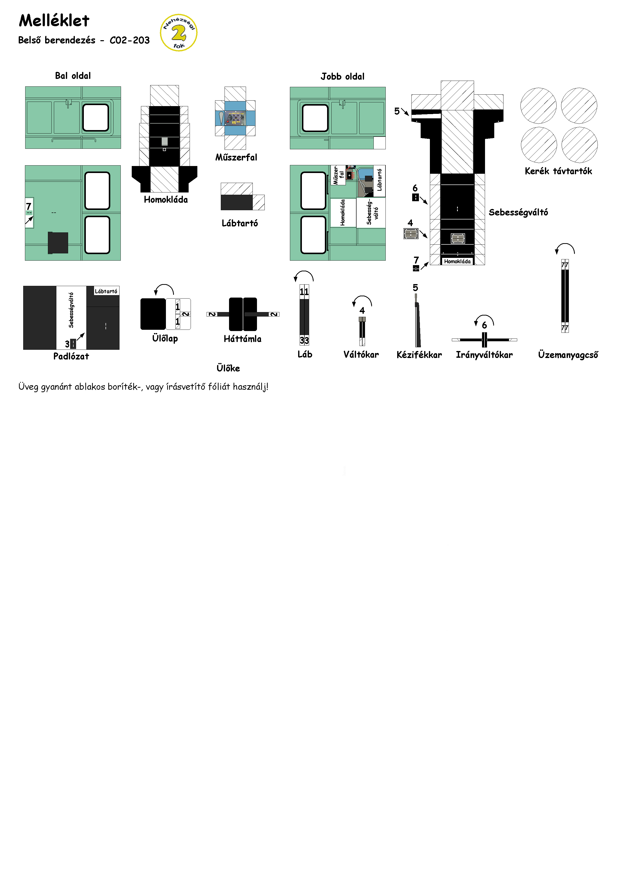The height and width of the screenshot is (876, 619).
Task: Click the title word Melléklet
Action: coord(54,21)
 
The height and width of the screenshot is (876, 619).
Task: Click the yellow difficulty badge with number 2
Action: coord(178,33)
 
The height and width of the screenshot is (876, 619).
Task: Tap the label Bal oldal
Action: coord(73,76)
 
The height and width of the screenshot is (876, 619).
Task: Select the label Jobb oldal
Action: coord(343,76)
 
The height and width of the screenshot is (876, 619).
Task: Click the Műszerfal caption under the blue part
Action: coord(236,157)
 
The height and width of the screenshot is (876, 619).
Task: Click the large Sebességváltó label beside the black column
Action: coord(518,212)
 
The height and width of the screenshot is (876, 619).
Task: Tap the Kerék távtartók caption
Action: coord(558,171)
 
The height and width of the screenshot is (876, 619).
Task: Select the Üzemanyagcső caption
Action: coord(568,355)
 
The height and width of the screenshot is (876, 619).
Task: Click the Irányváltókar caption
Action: coord(484,355)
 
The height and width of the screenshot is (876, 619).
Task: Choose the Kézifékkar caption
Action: coord(419,355)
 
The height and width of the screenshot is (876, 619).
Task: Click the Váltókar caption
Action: coord(361,354)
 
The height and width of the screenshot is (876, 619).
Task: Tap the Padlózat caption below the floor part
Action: coord(71,356)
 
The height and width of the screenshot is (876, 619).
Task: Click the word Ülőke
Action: coord(228,368)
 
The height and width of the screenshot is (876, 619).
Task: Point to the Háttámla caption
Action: coord(243,339)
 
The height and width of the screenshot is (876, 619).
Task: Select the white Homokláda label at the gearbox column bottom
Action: coord(457,261)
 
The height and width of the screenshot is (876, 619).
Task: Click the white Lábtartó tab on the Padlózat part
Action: coord(106,291)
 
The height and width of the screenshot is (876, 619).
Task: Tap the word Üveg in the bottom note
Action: coord(28,387)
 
